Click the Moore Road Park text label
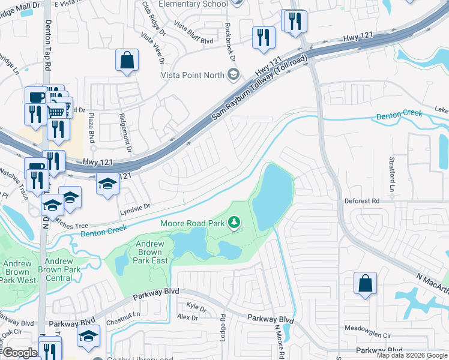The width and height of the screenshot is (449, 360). [192, 224]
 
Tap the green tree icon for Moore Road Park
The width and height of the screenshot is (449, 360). [234, 224]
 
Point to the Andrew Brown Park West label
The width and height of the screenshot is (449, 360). [18, 272]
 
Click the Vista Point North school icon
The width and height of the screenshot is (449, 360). [234, 75]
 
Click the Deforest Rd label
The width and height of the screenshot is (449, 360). [362, 200]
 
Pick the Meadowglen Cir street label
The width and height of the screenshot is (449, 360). [368, 328]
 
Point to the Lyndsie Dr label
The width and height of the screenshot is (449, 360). [133, 205]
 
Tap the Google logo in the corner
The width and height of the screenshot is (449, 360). [20, 352]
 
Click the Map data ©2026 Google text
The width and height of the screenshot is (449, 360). [411, 355]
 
